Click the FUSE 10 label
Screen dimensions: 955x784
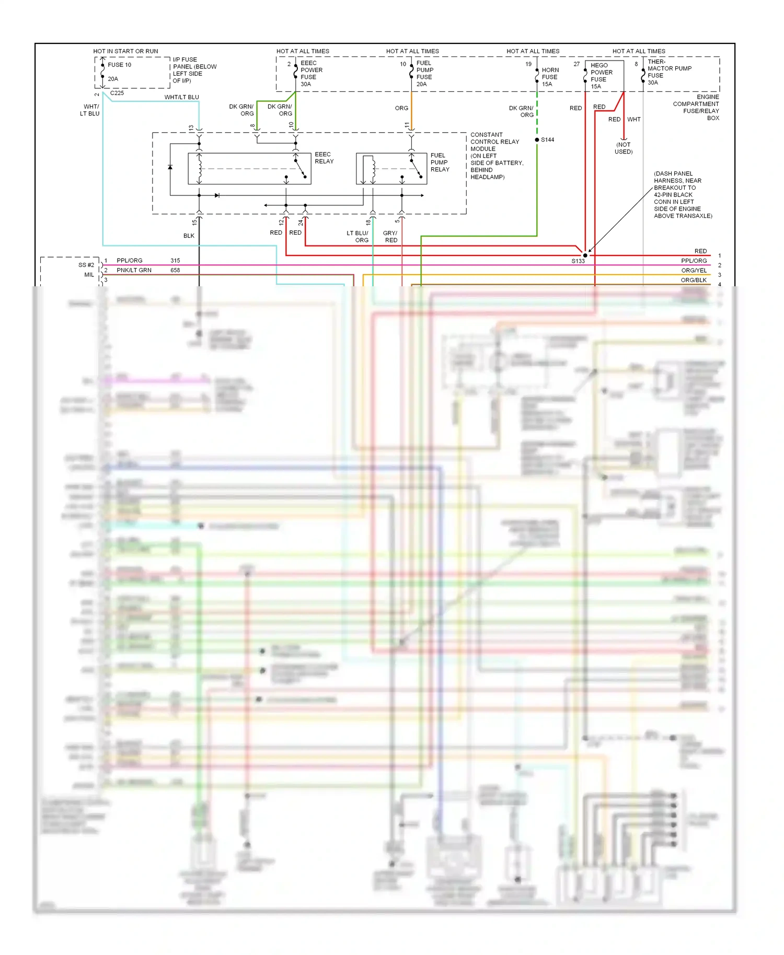(119, 65)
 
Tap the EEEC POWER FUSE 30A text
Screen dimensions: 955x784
(311, 74)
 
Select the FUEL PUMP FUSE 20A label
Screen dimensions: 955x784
(424, 74)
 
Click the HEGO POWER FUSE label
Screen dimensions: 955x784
(601, 73)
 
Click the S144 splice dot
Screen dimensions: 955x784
(537, 140)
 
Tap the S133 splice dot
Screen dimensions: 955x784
(585, 255)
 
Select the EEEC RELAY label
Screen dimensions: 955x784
(324, 158)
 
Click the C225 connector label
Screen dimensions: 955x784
(117, 93)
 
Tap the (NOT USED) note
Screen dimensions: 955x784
(623, 148)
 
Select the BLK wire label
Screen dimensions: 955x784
(189, 236)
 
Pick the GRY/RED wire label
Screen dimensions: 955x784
(390, 237)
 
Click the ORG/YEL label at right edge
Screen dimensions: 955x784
(694, 271)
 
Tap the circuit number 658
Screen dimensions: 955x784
(175, 270)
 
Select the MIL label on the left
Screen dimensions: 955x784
(89, 275)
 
